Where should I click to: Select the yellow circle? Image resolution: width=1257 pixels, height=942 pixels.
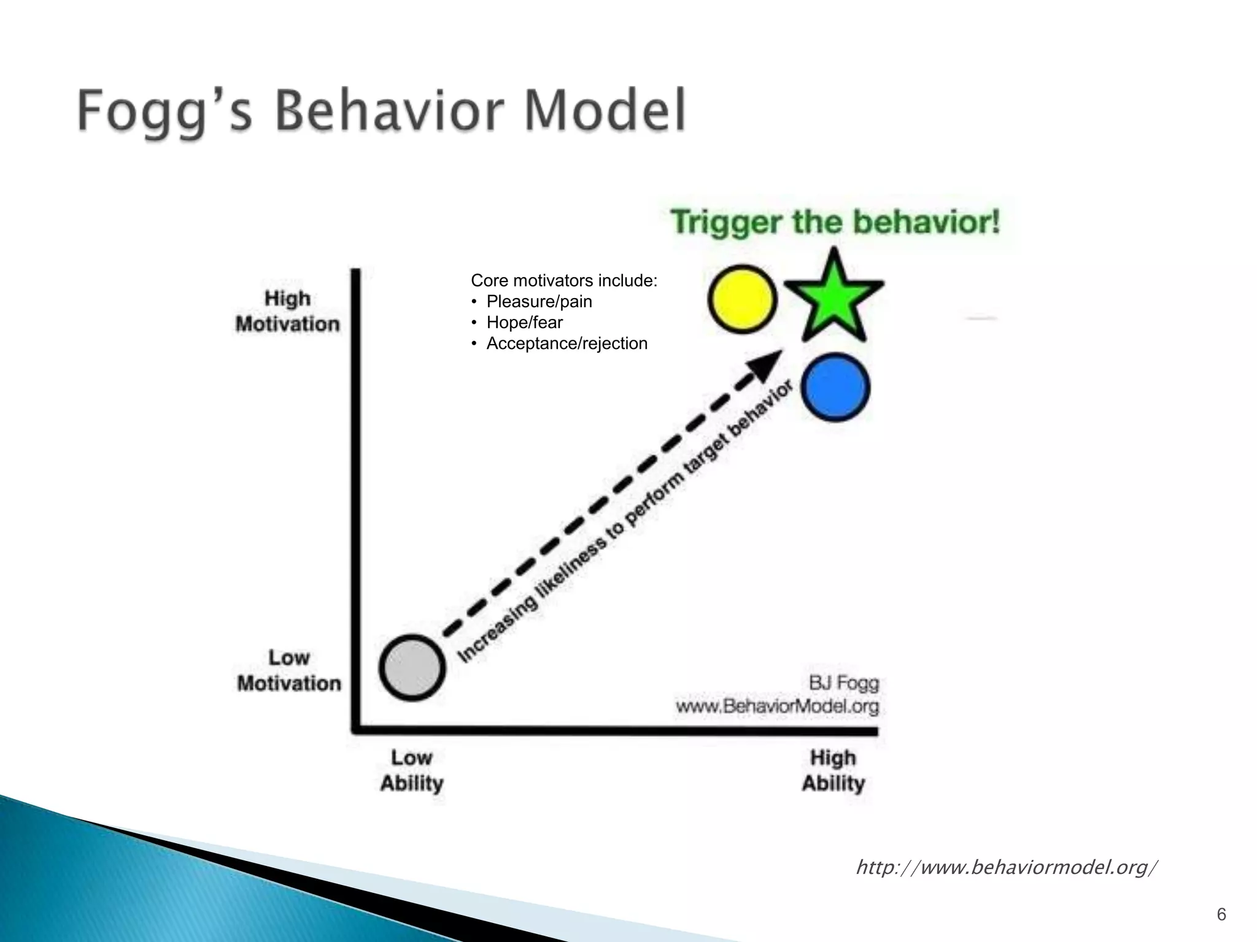pos(742,299)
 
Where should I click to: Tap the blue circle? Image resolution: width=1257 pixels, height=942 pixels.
pos(835,388)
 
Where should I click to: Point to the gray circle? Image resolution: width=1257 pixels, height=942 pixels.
pos(412,668)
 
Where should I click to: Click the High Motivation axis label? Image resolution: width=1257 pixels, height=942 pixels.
pos(287,312)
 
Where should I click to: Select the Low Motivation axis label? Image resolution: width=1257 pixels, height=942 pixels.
pos(288,671)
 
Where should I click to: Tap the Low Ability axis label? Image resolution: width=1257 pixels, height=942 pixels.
pos(412,771)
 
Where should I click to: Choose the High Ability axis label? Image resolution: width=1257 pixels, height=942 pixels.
pos(833,771)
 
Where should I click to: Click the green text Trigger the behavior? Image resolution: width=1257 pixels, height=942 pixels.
pos(835,222)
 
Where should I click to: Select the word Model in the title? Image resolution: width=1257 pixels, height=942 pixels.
pos(605,111)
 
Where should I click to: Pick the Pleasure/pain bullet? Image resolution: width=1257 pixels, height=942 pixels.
pos(539,302)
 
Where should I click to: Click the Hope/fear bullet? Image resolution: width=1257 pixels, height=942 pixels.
pos(524,323)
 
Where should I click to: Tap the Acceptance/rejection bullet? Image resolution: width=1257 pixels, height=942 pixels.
pos(567,343)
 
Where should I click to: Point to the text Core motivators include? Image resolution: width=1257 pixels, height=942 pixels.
pos(563,281)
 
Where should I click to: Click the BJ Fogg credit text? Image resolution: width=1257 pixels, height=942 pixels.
pos(843,683)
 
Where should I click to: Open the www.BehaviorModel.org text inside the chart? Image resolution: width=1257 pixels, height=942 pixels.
pos(777,706)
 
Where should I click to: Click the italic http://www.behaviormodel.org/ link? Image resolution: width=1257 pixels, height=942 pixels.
pos(1007,868)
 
